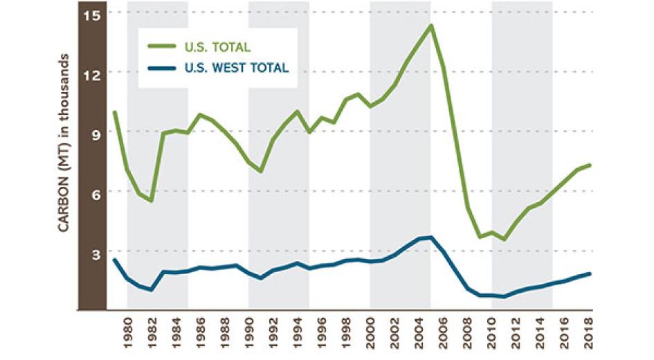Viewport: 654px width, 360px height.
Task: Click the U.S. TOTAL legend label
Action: [217, 47]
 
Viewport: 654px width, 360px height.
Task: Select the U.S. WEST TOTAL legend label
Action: [237, 68]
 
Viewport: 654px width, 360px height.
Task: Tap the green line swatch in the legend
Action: [163, 47]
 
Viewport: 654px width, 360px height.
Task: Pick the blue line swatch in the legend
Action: [163, 68]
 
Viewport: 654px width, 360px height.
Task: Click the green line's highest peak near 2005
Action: [430, 26]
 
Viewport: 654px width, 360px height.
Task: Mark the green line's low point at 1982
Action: [151, 201]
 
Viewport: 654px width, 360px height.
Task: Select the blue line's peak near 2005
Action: [430, 237]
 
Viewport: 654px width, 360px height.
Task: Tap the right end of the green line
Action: [589, 165]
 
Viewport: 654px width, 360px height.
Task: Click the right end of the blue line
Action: [589, 273]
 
